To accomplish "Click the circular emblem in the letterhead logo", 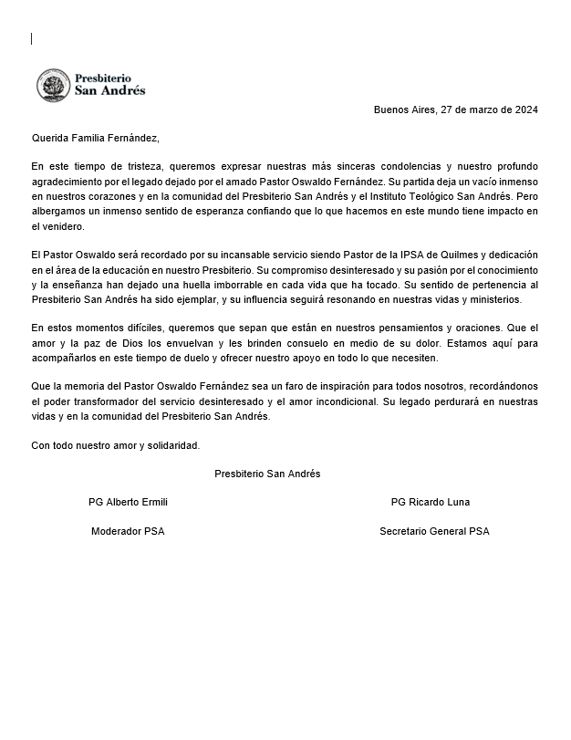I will coord(54,86).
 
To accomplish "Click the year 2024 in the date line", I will coord(525,110).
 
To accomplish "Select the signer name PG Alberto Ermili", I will coord(128,503).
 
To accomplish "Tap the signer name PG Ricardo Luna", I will coord(431,503).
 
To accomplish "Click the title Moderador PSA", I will coord(128,531).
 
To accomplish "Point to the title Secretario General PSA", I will coord(434,531).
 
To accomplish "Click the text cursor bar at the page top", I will coord(32,38).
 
